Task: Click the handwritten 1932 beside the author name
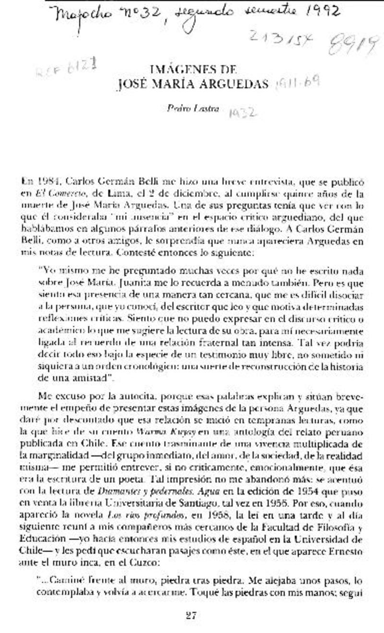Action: [x=242, y=113]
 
